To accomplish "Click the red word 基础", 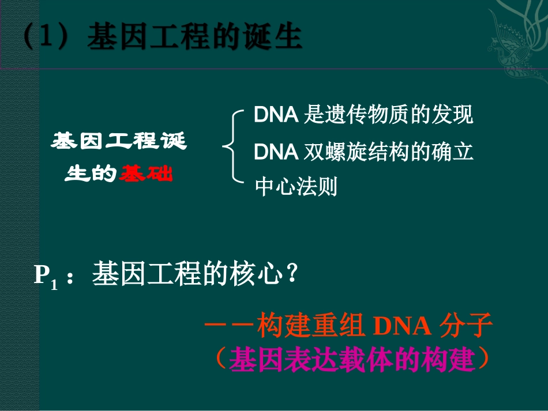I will click(x=146, y=174).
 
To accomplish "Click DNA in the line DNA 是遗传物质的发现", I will click(x=276, y=115).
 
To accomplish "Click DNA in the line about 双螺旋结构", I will click(x=276, y=152).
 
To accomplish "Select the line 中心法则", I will click(x=296, y=187).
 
